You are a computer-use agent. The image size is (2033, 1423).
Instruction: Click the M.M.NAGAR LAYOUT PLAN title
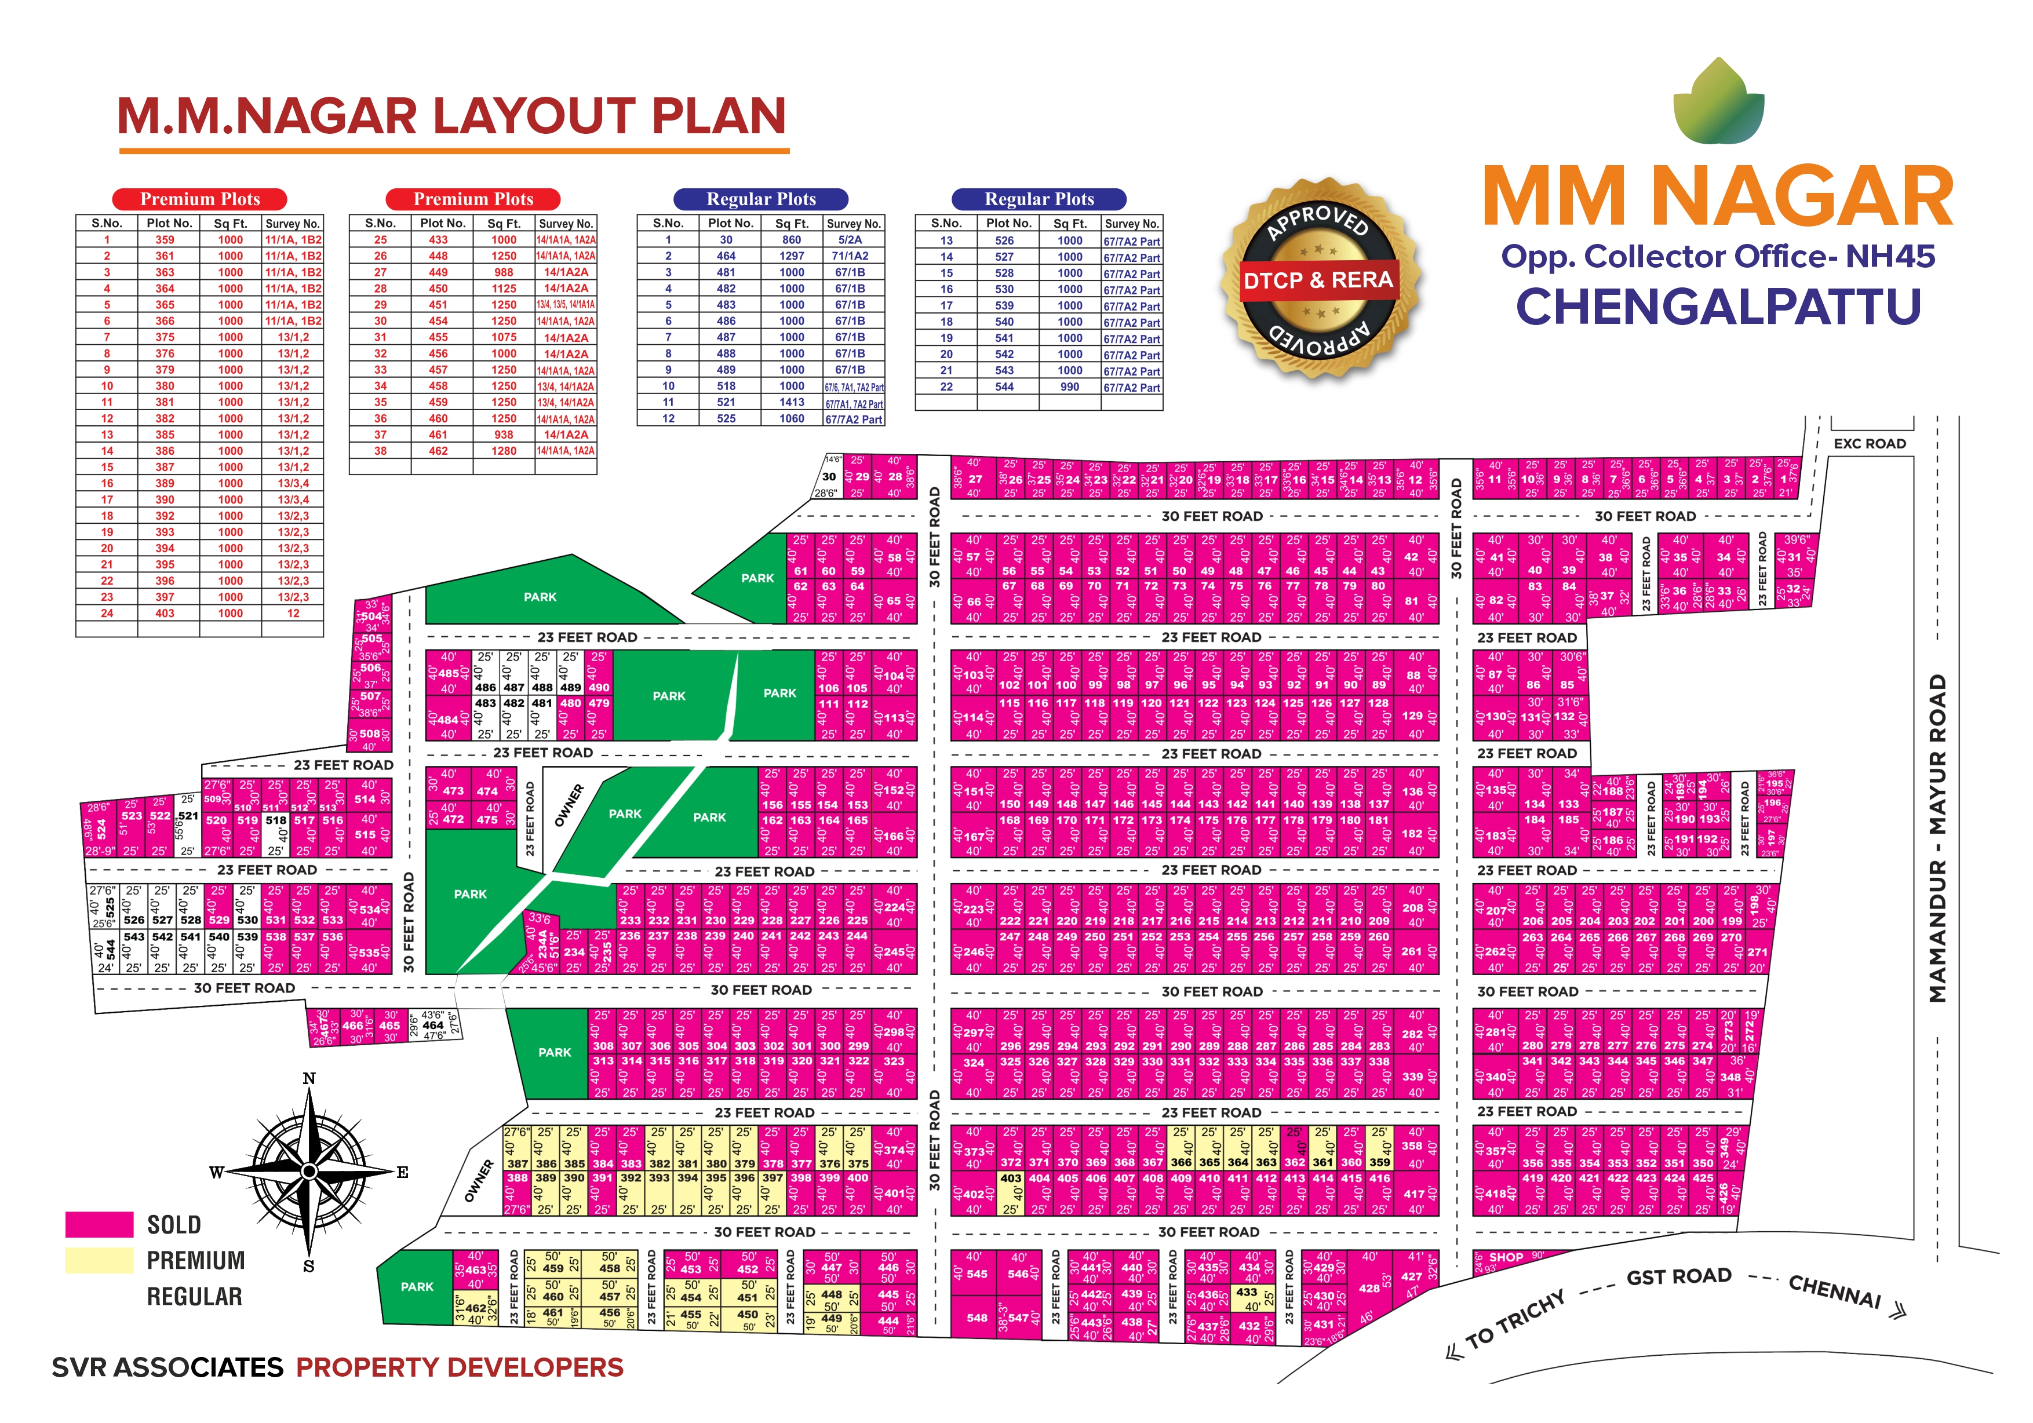point(451,116)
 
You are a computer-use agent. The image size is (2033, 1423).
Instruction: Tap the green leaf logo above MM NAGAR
point(1718,102)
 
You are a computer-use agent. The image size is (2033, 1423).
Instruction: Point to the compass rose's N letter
point(309,1078)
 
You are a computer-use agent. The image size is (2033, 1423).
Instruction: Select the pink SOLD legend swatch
point(99,1224)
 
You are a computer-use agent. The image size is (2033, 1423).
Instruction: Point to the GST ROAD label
point(1678,1276)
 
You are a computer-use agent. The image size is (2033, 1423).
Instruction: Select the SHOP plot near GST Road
point(1505,1257)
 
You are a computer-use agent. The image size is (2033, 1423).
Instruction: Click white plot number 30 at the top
point(829,476)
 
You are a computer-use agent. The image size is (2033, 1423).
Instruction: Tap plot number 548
point(976,1318)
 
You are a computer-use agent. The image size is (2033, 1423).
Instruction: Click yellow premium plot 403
point(1010,1178)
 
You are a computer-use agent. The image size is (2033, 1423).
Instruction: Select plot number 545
point(976,1274)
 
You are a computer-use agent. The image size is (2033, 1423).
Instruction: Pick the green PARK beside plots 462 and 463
point(416,1287)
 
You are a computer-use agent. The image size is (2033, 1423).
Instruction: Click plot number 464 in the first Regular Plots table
point(726,256)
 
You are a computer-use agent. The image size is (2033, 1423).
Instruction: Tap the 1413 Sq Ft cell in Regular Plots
point(792,402)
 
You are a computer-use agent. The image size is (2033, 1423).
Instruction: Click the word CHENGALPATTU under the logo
point(1718,307)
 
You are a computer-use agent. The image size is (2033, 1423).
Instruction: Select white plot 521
point(188,816)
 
